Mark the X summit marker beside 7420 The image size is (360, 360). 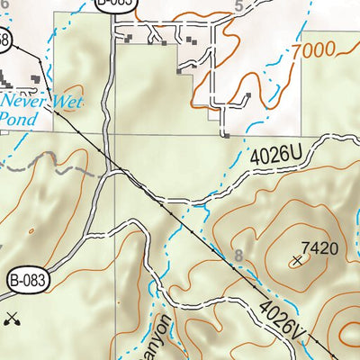tap(298, 261)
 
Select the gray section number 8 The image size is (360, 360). tap(238, 258)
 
